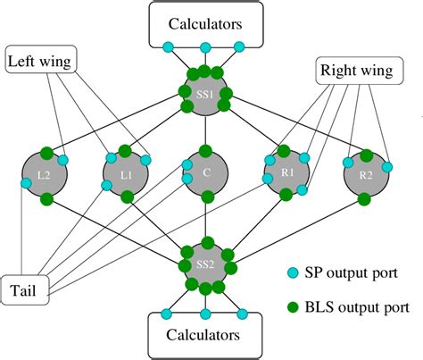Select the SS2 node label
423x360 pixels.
click(206, 265)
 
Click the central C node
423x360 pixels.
click(206, 177)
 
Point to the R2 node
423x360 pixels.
click(365, 175)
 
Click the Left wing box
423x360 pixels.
click(40, 62)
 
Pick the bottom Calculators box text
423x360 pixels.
click(206, 335)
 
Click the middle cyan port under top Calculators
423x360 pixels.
click(206, 47)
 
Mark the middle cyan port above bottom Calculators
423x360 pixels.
click(206, 313)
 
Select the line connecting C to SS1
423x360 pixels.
click(206, 130)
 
